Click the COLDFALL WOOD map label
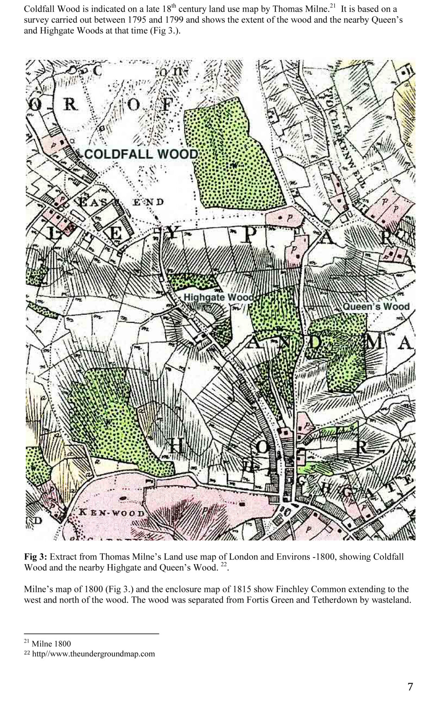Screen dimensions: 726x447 [141, 154]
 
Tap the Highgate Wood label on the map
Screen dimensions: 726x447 [218, 297]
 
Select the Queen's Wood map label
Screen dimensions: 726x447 [376, 306]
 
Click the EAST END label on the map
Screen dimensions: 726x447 [121, 202]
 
